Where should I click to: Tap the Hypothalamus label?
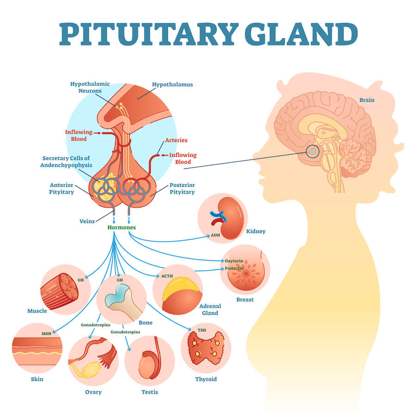[172, 85]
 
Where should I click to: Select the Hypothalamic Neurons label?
[90, 87]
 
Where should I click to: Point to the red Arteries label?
[176, 140]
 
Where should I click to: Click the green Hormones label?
[121, 228]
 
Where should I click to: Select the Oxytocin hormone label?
[234, 260]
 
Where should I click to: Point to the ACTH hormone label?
[167, 276]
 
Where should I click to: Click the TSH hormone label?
[202, 330]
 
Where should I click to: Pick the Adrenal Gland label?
[210, 309]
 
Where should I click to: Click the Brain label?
[367, 100]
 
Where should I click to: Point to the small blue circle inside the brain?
[313, 150]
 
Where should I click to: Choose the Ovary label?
[93, 392]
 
